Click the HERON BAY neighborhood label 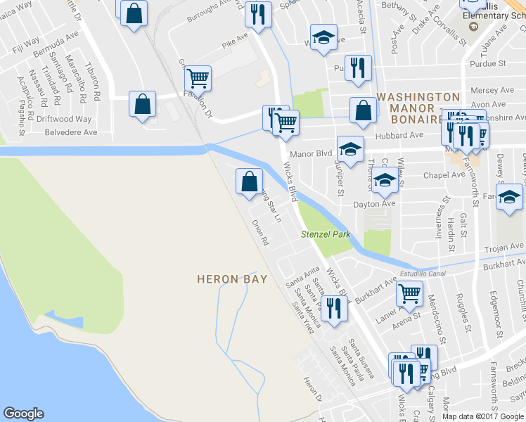(232, 279)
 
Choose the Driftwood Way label (64, 120)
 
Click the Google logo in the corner (23, 414)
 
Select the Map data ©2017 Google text (482, 416)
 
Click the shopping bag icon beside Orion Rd (249, 181)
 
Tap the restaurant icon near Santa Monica (333, 307)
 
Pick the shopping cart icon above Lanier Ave (409, 293)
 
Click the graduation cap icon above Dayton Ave (384, 181)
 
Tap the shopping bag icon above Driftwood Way (143, 104)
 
